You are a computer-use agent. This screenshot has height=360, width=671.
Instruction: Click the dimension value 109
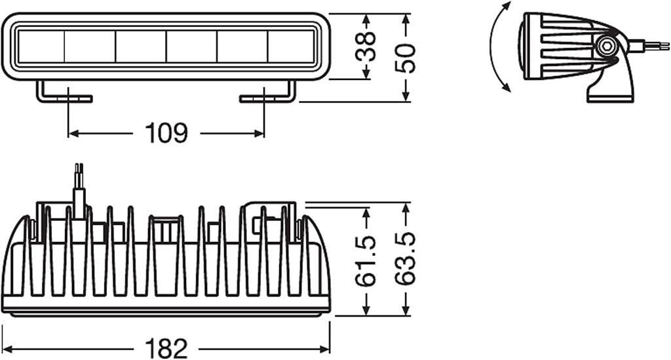coord(166,133)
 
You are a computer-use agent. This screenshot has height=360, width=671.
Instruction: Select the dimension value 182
coord(166,349)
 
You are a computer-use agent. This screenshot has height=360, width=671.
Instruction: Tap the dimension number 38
coord(366,47)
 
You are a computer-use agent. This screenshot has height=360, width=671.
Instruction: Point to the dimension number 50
coord(406,58)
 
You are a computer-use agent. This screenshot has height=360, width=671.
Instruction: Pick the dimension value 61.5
coord(366,261)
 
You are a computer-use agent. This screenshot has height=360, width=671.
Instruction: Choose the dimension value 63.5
coord(406,259)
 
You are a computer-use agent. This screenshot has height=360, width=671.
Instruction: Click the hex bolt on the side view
coord(606,45)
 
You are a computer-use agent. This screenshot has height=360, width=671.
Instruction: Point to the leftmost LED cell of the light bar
coord(41,47)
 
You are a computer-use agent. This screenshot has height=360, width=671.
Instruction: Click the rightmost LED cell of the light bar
coord(291,47)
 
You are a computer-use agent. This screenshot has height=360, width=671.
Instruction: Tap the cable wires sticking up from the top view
coord(79,188)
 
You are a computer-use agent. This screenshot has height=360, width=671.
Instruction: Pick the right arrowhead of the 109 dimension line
coord(259,134)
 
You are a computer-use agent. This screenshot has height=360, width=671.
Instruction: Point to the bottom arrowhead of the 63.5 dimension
coord(406,311)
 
